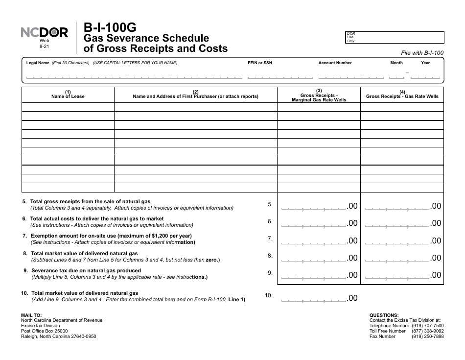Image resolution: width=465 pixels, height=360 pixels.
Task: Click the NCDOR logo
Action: click(45, 33)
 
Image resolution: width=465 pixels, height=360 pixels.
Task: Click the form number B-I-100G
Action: click(110, 28)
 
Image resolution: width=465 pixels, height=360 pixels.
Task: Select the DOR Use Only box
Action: click(395, 38)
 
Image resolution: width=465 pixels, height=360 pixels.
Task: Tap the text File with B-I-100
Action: click(422, 53)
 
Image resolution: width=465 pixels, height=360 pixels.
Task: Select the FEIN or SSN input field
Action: click(280, 76)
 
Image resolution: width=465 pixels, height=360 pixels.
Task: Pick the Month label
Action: click(396, 63)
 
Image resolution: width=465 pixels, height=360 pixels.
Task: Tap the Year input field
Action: click(425, 76)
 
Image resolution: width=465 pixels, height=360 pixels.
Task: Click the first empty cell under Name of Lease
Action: click(68, 107)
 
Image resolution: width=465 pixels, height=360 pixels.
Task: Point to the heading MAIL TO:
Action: click(31, 315)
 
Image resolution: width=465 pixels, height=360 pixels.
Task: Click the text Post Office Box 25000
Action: click(45, 331)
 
